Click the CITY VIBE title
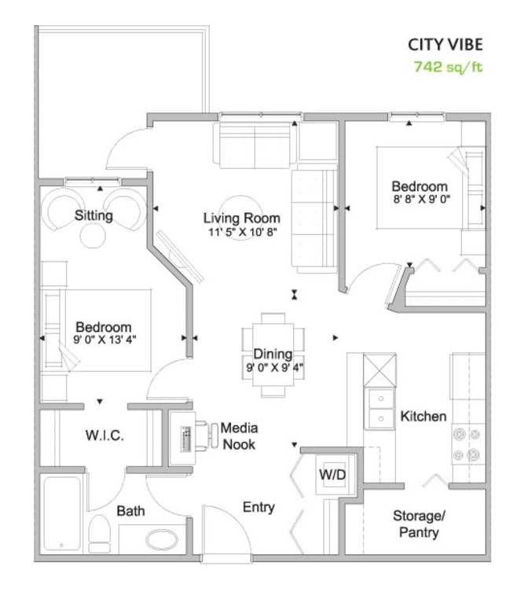click(445, 45)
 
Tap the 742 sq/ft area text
click(448, 67)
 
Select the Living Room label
click(242, 218)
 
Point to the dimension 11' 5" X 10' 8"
click(243, 232)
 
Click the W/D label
click(332, 475)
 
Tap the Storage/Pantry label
click(419, 524)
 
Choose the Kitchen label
click(423, 416)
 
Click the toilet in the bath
click(100, 533)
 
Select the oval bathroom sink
click(162, 539)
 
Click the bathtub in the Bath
click(62, 513)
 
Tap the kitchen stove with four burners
click(468, 444)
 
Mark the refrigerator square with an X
click(379, 370)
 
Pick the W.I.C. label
click(104, 435)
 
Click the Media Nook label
click(240, 435)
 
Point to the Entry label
click(258, 507)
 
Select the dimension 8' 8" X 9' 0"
click(422, 199)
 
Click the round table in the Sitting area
click(93, 236)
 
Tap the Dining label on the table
click(273, 354)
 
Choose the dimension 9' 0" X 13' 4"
click(104, 340)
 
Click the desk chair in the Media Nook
click(206, 435)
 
